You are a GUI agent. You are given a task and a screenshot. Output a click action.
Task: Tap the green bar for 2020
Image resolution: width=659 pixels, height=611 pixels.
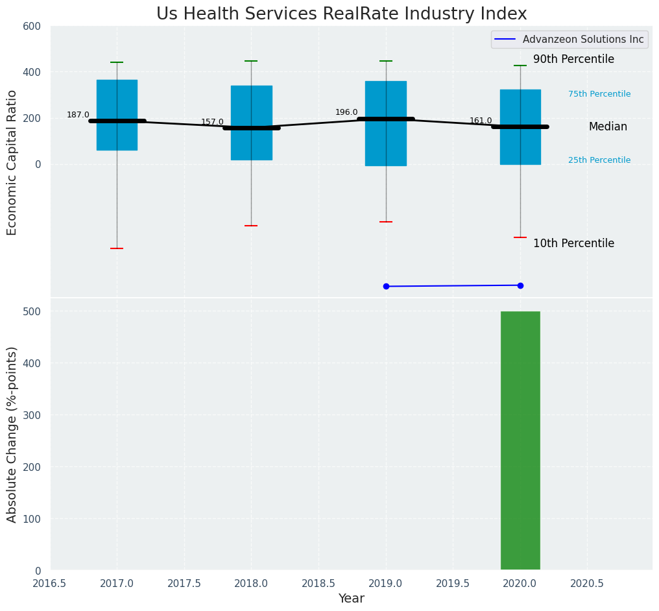[x=520, y=440]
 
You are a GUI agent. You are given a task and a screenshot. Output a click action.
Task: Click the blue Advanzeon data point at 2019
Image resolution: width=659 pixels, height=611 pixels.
[x=386, y=286]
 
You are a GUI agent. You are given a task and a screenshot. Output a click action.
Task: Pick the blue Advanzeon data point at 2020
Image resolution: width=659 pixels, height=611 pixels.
[x=520, y=285]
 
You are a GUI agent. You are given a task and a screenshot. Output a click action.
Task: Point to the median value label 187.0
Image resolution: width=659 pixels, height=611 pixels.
[x=78, y=115]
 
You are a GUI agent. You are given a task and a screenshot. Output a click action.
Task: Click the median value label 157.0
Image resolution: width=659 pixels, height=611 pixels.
[x=212, y=122]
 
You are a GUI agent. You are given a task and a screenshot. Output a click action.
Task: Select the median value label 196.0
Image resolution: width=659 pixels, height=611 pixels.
[x=346, y=112]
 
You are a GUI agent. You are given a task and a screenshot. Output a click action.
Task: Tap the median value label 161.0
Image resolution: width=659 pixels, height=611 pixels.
[x=481, y=121]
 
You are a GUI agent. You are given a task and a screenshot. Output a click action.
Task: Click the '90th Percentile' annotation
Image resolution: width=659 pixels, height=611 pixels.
[x=573, y=60]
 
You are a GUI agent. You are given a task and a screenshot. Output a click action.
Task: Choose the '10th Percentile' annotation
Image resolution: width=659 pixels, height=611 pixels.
[x=573, y=244]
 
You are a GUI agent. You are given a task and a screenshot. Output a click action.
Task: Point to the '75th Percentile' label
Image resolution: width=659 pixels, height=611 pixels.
[x=599, y=94]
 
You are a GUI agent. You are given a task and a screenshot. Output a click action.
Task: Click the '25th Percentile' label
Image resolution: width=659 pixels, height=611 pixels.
[x=599, y=160]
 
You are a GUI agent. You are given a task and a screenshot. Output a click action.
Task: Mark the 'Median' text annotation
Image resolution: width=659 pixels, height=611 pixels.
[x=608, y=127]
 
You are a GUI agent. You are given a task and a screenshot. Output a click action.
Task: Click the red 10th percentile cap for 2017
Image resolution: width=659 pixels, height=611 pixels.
[x=117, y=248]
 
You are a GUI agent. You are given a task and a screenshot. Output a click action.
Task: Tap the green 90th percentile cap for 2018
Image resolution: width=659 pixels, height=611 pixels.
[x=251, y=61]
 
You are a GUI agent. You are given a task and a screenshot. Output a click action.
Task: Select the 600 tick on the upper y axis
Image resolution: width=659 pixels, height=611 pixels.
[x=32, y=26]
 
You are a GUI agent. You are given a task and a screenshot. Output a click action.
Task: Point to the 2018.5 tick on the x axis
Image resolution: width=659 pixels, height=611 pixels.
[x=318, y=583]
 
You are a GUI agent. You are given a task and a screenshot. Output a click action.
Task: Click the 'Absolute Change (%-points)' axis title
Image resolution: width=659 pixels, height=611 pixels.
[x=12, y=434]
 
